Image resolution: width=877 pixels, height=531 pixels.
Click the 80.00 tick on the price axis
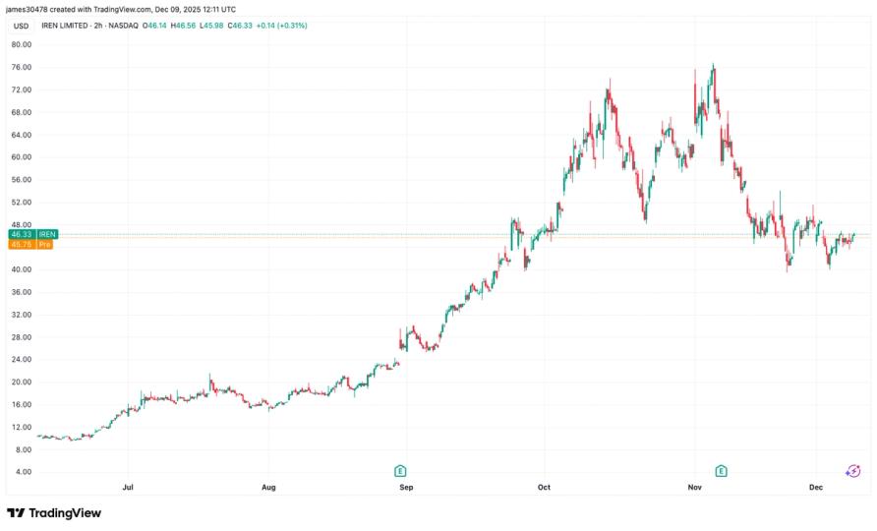click(22, 44)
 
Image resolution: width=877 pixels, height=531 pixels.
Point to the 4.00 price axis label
click(22, 472)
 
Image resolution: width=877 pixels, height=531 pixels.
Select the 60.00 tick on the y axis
click(22, 157)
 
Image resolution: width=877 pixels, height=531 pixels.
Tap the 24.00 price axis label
click(22, 360)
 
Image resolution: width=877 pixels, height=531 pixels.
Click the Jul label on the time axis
click(128, 487)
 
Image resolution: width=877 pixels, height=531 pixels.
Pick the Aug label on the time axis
click(268, 487)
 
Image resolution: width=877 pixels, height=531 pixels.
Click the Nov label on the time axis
click(694, 487)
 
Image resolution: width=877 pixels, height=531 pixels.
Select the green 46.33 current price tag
click(22, 234)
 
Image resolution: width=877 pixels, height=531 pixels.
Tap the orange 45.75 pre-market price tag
click(22, 244)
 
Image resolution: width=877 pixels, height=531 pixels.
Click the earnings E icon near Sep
click(401, 471)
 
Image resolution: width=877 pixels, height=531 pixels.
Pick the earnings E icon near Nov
click(722, 471)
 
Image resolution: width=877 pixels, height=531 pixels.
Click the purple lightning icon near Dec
click(852, 471)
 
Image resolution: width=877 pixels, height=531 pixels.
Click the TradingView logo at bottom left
click(54, 512)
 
